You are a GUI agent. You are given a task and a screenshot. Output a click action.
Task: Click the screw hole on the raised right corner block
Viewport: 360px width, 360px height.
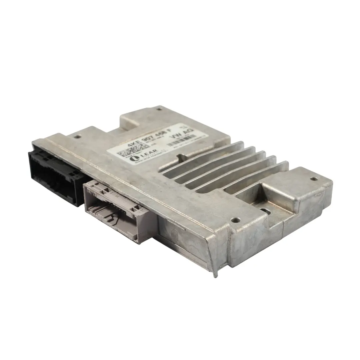tap(313, 179)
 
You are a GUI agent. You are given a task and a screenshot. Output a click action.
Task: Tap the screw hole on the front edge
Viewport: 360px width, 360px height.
tap(236, 220)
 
